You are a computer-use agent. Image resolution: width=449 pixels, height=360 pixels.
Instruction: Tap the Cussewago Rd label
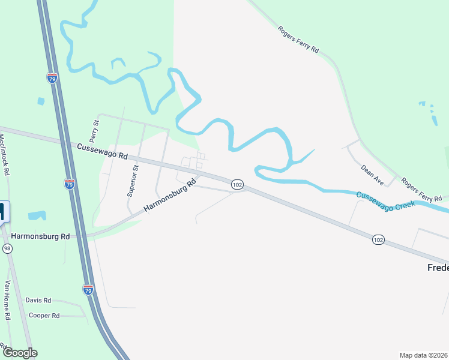click(x=102, y=151)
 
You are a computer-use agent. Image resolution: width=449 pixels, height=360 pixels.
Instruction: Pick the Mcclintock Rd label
click(x=5, y=154)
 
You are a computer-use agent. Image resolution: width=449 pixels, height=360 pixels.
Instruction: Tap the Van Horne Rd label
click(x=8, y=300)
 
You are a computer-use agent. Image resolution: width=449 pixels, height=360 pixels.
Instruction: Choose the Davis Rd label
click(x=38, y=300)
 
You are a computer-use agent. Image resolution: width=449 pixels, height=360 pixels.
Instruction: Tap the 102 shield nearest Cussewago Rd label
click(x=237, y=185)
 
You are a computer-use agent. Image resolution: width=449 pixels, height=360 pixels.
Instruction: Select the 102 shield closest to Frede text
click(x=378, y=239)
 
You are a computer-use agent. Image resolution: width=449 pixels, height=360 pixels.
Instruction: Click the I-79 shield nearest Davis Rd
click(x=88, y=290)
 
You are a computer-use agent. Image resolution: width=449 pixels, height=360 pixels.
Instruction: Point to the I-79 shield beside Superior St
click(x=70, y=184)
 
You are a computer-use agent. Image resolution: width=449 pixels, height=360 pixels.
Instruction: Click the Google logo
click(x=19, y=353)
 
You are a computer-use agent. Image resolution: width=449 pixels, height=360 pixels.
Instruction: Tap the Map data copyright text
click(x=423, y=355)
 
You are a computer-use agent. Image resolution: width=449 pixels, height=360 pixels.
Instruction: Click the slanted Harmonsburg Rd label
click(x=170, y=196)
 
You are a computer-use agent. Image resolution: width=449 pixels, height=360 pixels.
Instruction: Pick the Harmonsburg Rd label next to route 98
click(x=40, y=236)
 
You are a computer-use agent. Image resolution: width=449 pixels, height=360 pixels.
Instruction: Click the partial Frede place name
click(x=438, y=268)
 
